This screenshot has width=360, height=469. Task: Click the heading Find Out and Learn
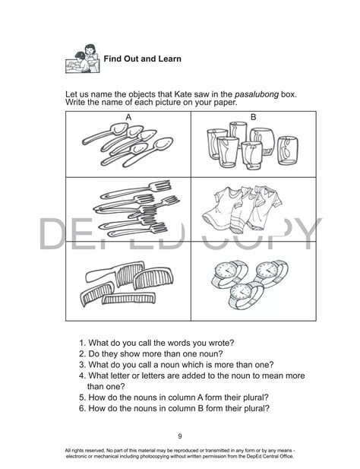tap(142, 59)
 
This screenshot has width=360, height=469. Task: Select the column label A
tap(129, 116)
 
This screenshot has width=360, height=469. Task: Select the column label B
tap(253, 116)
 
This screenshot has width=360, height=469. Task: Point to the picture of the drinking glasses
tap(251, 147)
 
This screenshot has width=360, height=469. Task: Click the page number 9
tap(179, 436)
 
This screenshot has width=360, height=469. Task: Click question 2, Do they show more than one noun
tap(160, 354)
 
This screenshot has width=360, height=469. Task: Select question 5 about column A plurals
tap(175, 397)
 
